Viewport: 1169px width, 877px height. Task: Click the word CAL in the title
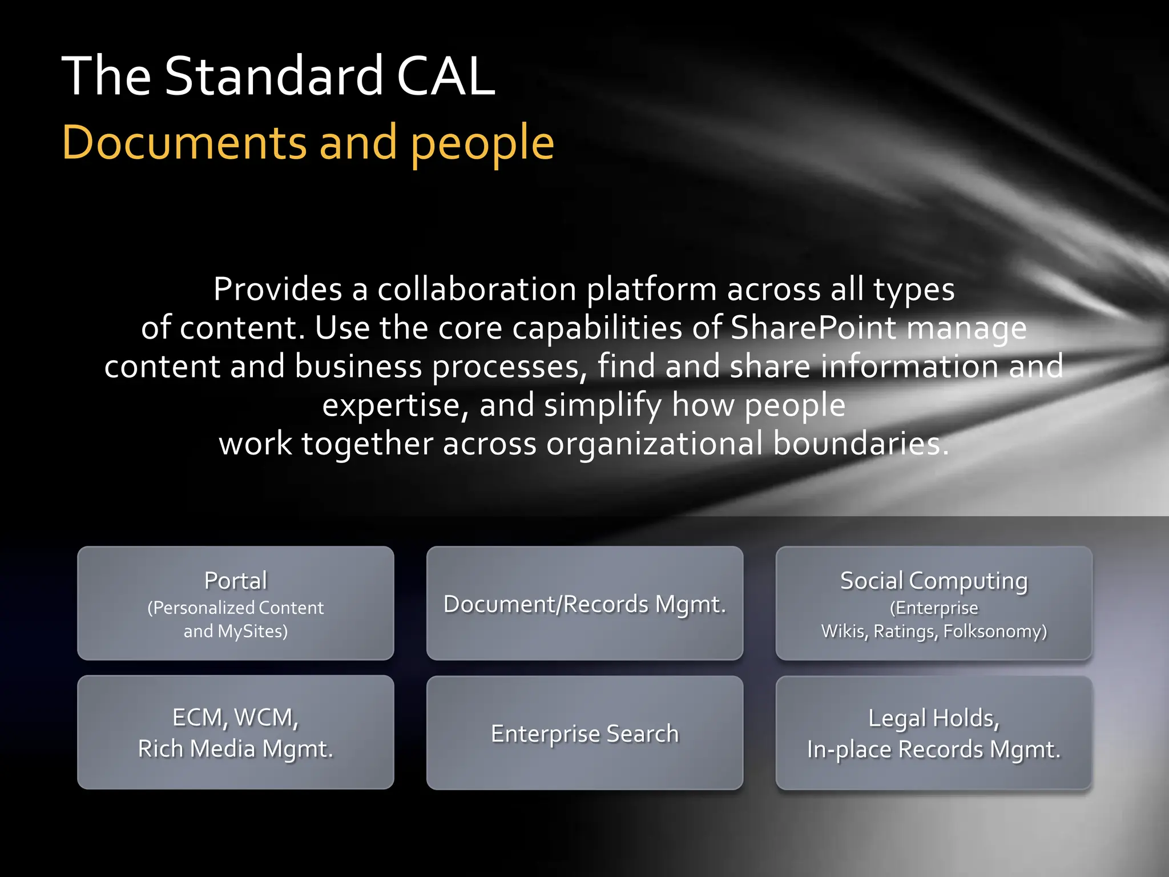point(445,76)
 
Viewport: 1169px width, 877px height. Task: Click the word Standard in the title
point(273,76)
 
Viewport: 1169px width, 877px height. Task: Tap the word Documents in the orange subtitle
point(184,143)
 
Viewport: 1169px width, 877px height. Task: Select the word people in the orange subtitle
point(482,144)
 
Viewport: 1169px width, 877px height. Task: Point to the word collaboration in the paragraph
point(477,289)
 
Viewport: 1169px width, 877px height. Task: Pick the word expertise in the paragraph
point(396,405)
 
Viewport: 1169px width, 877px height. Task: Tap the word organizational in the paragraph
point(654,444)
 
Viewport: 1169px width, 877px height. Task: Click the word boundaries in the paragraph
point(861,444)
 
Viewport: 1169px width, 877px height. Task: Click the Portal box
point(236,603)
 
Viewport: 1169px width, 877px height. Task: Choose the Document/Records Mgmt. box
point(584,603)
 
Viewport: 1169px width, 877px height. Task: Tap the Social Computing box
point(934,603)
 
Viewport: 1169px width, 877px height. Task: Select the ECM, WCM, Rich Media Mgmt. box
point(236,732)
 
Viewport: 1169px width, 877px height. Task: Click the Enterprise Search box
point(584,733)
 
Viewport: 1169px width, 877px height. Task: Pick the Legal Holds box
point(934,733)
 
